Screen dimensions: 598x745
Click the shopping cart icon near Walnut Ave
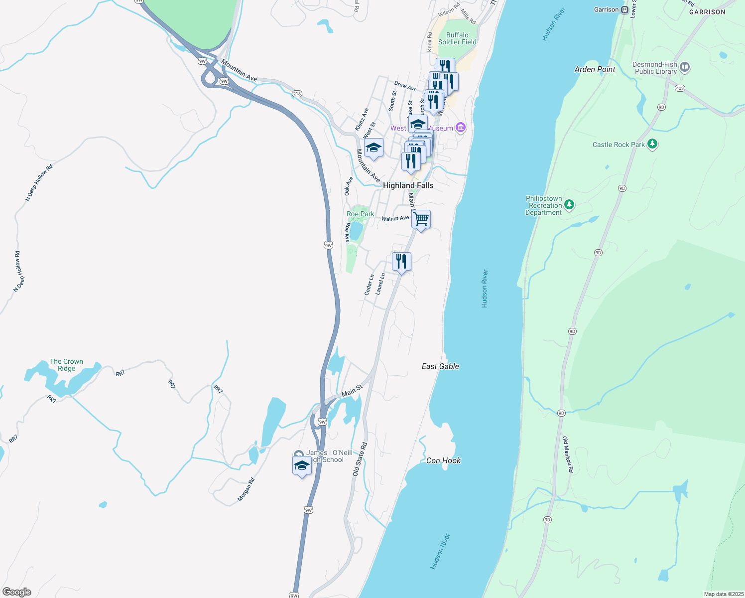(x=421, y=219)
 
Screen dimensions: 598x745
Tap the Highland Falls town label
(x=408, y=185)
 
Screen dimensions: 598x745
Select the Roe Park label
(x=360, y=214)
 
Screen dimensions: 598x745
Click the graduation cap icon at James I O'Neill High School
(x=302, y=465)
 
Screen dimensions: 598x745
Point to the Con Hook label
(x=443, y=460)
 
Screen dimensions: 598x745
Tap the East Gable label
(x=440, y=366)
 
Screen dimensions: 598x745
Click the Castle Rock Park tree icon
(x=652, y=145)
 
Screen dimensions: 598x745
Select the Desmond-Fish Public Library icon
(x=685, y=67)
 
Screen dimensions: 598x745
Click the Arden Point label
(x=595, y=69)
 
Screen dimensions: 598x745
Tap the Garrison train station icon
(x=624, y=9)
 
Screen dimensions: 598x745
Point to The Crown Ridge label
(x=66, y=365)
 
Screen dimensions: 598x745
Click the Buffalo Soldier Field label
(x=457, y=38)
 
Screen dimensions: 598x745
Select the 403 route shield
(x=680, y=88)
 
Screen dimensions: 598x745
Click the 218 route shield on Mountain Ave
(x=297, y=94)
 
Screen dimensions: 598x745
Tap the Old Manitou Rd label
(x=568, y=454)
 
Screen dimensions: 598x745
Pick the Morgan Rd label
(x=246, y=489)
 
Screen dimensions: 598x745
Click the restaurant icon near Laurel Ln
(x=401, y=261)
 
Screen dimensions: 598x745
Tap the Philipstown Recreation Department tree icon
(x=570, y=205)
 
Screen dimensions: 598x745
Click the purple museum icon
(x=461, y=128)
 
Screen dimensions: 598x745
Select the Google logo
(x=17, y=592)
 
